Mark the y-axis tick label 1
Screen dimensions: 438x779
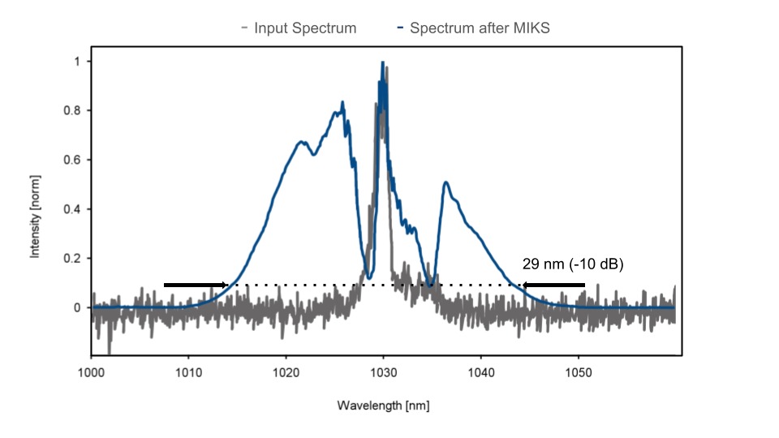77,62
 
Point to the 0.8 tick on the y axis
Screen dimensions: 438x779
73,111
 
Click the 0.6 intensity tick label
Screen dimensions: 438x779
73,160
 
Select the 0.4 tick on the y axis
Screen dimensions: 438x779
73,209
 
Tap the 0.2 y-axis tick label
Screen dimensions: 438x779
73,259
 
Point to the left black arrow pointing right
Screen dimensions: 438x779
196,285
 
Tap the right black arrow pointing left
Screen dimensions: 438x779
553,285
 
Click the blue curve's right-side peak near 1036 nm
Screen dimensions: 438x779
445,182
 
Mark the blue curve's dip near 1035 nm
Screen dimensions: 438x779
431,284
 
